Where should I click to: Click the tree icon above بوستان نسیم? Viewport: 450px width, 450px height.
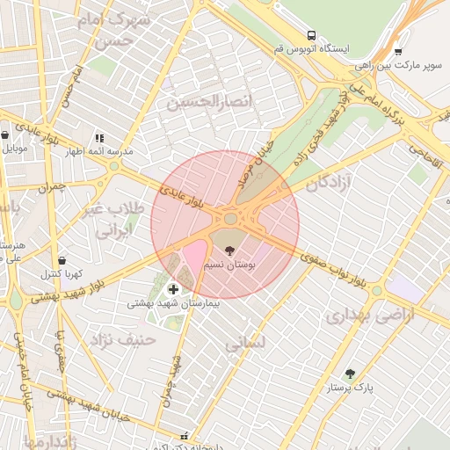point(230,250)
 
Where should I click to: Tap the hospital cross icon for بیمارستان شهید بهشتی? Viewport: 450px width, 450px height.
point(172,289)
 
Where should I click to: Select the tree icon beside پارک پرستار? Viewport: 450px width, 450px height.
point(350,374)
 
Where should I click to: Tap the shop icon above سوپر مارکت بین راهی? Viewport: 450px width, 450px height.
point(398,51)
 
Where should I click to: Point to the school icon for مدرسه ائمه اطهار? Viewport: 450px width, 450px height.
point(99,138)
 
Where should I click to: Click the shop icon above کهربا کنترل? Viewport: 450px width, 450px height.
point(62,260)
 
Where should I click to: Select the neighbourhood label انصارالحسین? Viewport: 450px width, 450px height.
point(210,103)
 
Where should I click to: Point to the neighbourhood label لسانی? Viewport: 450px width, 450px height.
point(243,345)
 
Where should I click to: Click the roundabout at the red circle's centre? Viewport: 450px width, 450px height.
point(231,217)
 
